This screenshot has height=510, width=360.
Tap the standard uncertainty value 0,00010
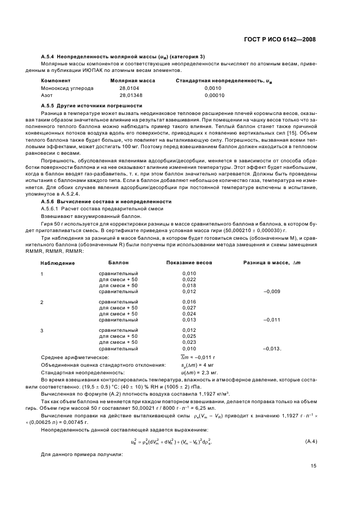215,95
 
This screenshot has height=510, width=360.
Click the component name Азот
47,95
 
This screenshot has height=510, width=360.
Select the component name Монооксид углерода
67,88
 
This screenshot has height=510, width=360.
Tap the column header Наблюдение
58,263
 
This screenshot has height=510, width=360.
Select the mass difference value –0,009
271,292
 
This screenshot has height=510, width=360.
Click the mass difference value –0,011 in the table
271,320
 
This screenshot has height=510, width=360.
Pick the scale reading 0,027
189,307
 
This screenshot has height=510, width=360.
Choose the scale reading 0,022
189,279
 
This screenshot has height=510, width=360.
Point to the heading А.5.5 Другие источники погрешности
91,105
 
